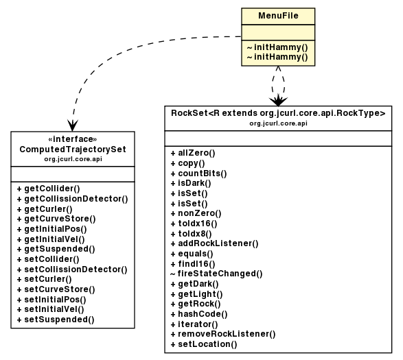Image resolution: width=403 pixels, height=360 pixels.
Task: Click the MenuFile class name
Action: [x=277, y=16]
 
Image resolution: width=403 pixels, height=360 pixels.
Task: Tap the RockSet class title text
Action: [x=277, y=113]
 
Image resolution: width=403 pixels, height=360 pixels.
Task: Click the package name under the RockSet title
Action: [x=277, y=123]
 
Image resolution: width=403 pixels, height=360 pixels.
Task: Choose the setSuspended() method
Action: [x=54, y=319]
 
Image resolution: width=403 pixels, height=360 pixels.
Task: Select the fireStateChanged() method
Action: [x=216, y=274]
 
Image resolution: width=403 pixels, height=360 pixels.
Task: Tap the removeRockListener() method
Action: [x=222, y=334]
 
